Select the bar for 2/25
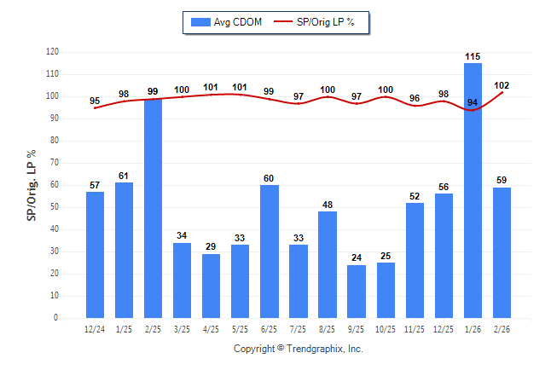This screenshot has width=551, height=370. [153, 208]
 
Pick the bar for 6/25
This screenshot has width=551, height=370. [269, 251]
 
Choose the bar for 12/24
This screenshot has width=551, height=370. [95, 255]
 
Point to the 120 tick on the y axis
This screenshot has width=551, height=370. [52, 52]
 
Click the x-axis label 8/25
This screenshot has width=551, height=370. [327, 329]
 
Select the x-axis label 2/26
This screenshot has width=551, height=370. [502, 329]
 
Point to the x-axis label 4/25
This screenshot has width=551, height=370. [211, 329]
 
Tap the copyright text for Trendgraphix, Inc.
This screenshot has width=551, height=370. [299, 349]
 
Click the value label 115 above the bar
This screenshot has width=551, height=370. [473, 56]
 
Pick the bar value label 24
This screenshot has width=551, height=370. [357, 258]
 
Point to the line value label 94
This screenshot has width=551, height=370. [473, 103]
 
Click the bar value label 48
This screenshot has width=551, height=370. [327, 205]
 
